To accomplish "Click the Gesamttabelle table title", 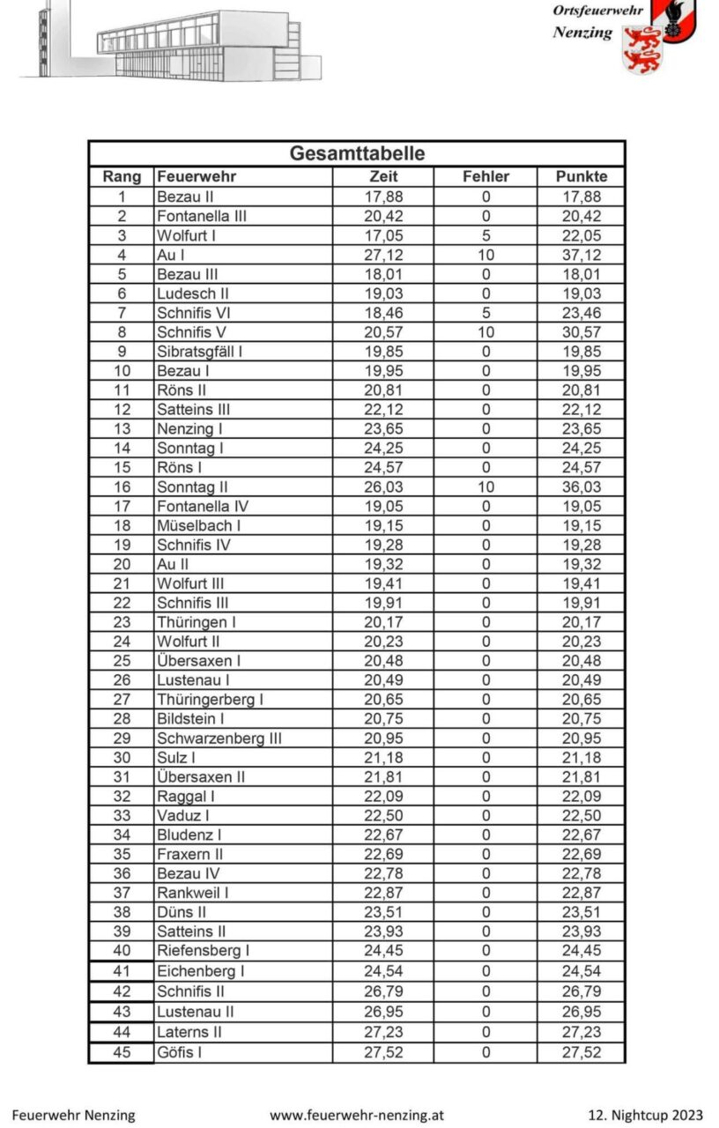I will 357,153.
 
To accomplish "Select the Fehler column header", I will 486,176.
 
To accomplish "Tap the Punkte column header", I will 581,176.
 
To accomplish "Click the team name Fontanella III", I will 201,216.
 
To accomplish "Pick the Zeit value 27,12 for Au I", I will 383,255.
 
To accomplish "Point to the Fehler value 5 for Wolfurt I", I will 486,235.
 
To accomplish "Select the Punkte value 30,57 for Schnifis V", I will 581,332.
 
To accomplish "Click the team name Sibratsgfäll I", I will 199,352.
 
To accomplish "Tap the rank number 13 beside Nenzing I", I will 122,429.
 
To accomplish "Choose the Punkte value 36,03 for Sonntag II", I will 581,486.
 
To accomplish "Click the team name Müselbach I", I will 198,525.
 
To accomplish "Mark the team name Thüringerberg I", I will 210,699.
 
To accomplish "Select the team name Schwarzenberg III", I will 219,738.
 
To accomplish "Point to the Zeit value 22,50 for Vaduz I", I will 383,815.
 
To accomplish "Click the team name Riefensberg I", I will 203,950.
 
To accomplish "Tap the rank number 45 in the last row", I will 122,1051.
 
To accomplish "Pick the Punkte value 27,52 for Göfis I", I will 581,1051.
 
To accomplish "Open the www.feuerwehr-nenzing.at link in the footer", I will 357,1115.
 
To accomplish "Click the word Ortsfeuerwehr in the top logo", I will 597,11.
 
